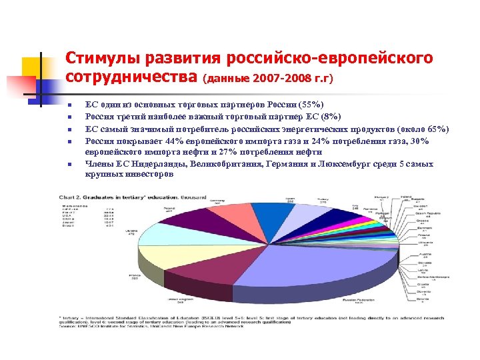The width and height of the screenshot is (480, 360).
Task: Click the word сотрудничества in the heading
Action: pyautogui.click(x=133, y=79)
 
